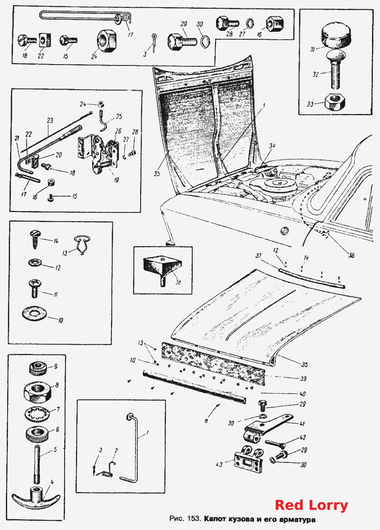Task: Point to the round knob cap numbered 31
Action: (336, 38)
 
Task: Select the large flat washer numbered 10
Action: (35, 314)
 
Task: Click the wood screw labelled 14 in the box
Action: (35, 239)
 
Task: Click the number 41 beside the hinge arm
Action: (302, 424)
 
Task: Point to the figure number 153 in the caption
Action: (194, 519)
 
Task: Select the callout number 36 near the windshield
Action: (351, 255)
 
